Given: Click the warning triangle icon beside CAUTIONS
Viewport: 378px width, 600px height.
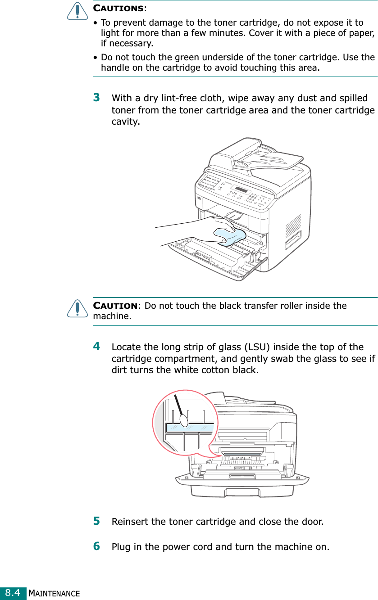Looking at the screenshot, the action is (77, 10).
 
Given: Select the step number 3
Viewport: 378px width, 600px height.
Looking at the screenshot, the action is (96, 98).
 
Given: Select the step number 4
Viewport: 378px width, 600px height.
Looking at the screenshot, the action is (96, 347).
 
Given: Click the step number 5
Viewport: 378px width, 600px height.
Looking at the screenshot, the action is (96, 521).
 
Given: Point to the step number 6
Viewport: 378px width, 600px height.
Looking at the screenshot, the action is (96, 546).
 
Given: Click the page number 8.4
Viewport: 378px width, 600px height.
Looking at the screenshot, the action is (13, 593).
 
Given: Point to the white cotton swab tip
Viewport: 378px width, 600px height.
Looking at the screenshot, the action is (184, 420).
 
